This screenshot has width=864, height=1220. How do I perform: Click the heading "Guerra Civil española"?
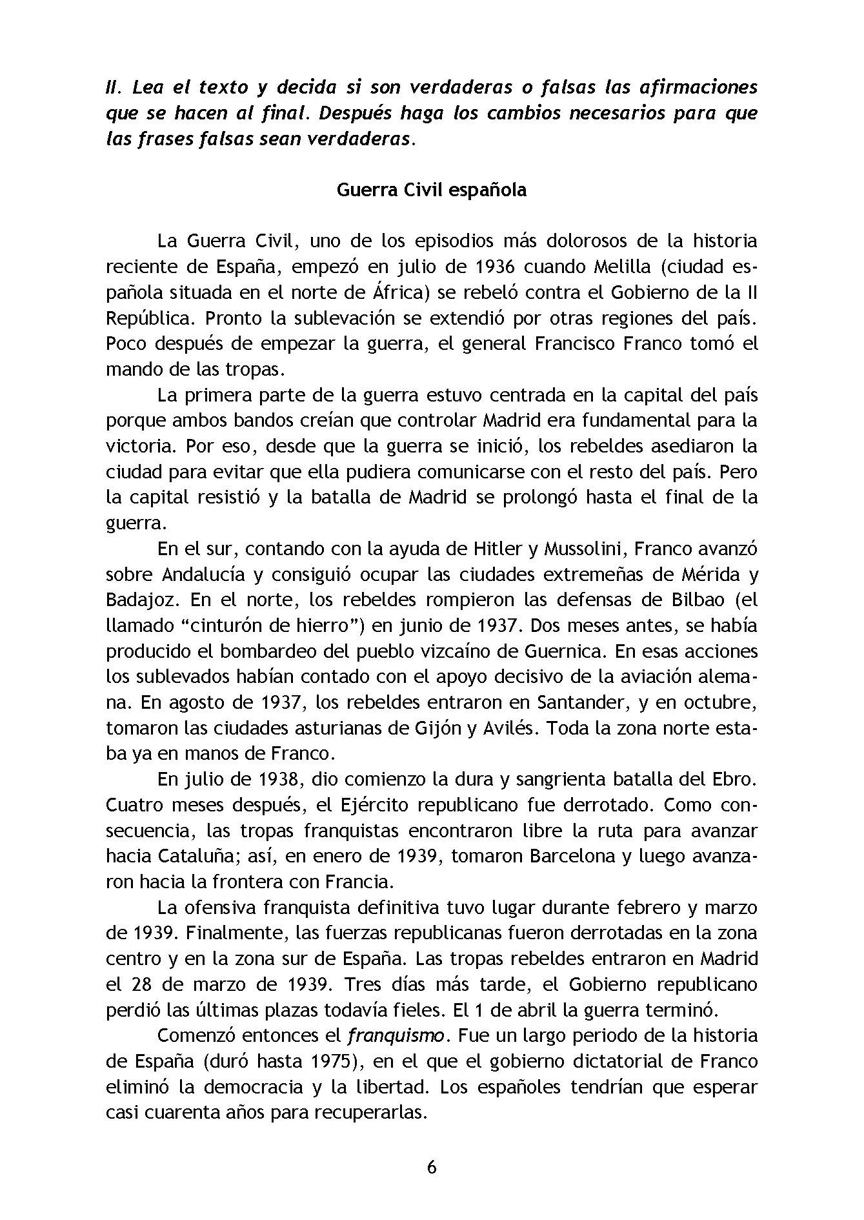tap(432, 190)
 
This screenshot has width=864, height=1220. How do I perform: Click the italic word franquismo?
tap(396, 1036)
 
